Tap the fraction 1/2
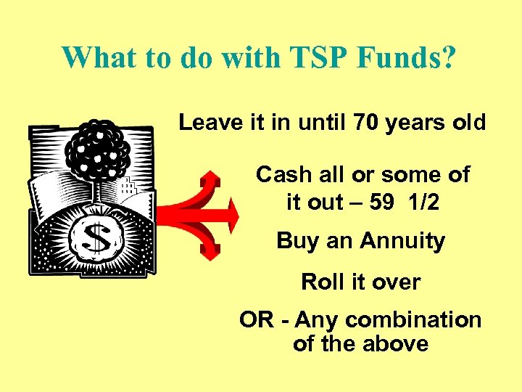tap(423, 203)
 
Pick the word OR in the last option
tap(256, 319)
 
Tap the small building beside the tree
tap(128, 187)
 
